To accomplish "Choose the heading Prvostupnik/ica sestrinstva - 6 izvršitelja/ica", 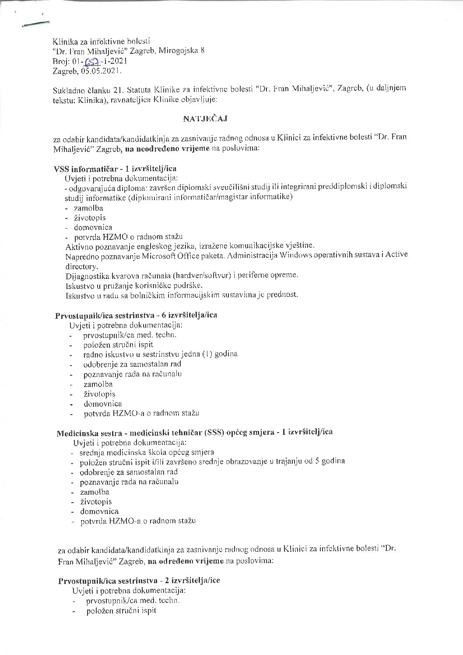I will (x=136, y=315).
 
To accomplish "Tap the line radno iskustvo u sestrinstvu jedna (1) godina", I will (x=160, y=354).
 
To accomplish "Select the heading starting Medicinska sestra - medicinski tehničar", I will (x=194, y=433).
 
